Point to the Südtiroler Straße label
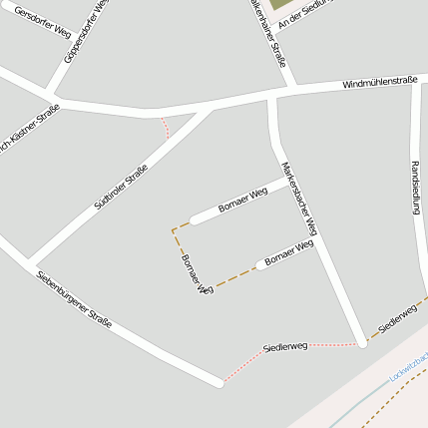coord(121,186)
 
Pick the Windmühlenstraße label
coord(379,83)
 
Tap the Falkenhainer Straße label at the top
coord(268,33)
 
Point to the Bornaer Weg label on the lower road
coord(289,251)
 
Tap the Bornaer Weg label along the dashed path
coord(197,274)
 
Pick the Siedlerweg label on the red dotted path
coord(284,346)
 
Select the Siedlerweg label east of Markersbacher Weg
coord(395,319)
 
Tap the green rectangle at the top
coord(277,4)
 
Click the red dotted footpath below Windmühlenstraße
coord(166,126)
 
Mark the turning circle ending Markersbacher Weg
coord(363,342)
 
